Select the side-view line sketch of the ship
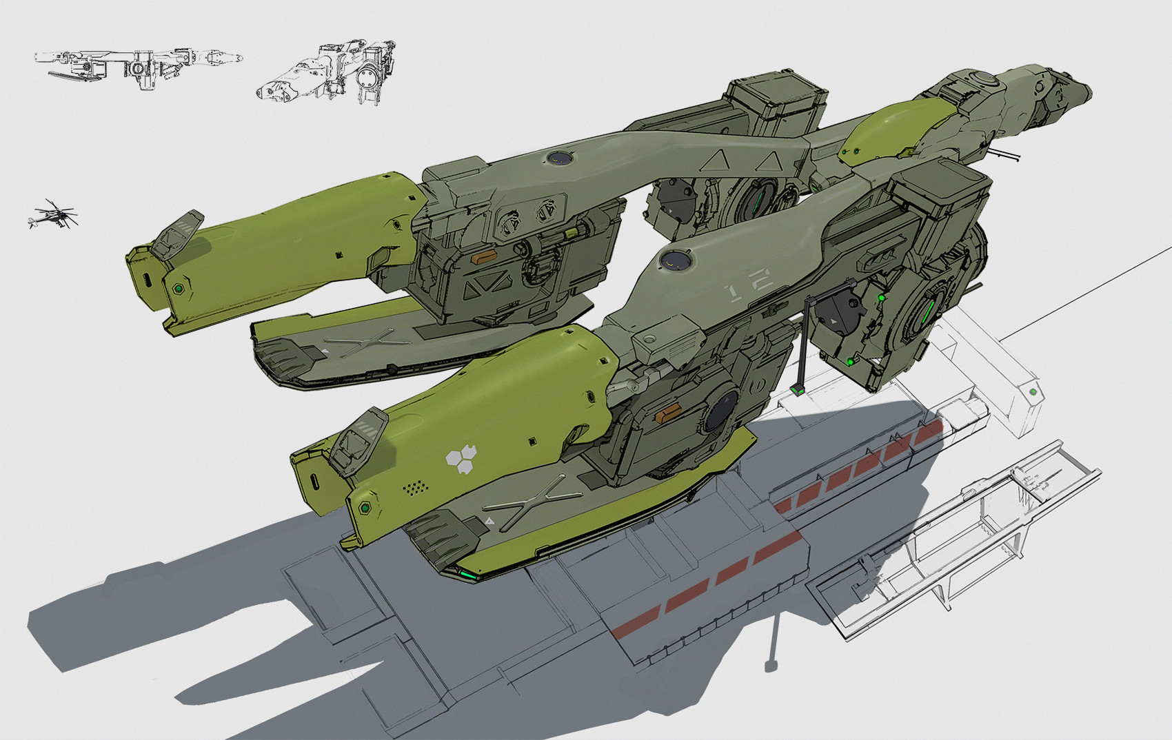138,65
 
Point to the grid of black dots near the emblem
415,488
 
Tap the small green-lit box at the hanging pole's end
798,390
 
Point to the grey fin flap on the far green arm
177,232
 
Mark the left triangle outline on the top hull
718,163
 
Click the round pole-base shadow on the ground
771,665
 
